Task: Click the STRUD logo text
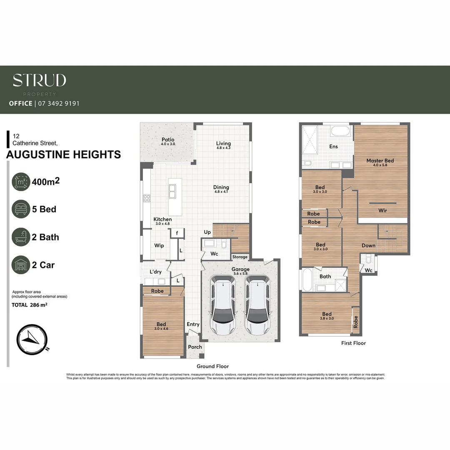[39, 80]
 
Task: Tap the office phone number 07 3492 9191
[58, 103]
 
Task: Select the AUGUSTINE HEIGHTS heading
[64, 155]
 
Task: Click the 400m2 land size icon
[21, 182]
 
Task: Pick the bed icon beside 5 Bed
[21, 209]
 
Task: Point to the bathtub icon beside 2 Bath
[21, 237]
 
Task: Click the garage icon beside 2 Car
[21, 265]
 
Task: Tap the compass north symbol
[32, 339]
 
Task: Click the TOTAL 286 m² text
[29, 305]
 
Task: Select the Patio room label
[168, 140]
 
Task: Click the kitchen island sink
[172, 191]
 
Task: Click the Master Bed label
[380, 160]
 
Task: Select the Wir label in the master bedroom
[382, 210]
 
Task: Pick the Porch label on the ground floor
[195, 347]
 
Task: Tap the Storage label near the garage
[240, 257]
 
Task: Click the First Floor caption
[353, 343]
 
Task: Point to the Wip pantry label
[159, 245]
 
